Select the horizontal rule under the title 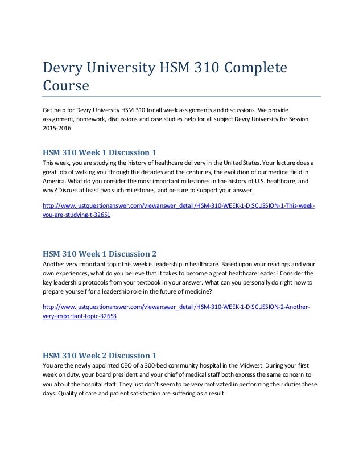pyautogui.click(x=181, y=97)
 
